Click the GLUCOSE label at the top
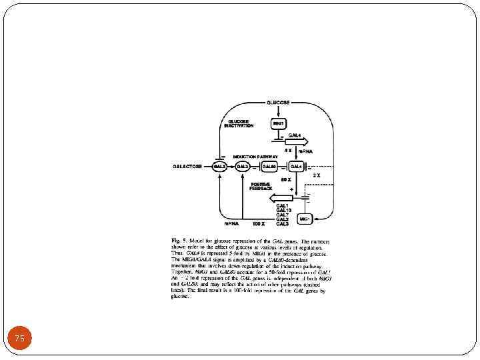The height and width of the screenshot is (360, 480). coord(277,103)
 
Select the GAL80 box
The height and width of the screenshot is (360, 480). coord(269,166)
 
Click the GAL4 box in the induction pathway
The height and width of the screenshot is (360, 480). coord(296,166)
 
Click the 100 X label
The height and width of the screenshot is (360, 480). coord(260,223)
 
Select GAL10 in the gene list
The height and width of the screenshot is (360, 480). coord(283,210)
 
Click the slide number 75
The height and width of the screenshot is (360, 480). coord(20,339)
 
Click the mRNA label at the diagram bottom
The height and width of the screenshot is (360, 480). coord(231,223)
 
